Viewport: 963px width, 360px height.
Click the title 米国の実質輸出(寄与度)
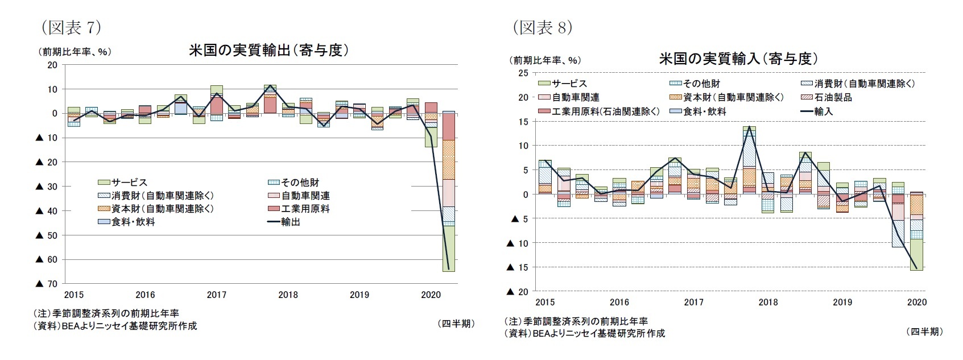(x=268, y=51)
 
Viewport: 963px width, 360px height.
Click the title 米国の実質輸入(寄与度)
(x=738, y=59)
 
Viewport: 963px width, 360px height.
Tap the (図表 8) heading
(x=542, y=27)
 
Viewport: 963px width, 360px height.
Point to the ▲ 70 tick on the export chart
(x=47, y=284)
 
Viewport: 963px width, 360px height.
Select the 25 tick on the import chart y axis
(x=522, y=73)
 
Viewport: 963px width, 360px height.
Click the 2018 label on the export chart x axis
(x=288, y=295)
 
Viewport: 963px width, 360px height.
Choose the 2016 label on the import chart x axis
(x=619, y=302)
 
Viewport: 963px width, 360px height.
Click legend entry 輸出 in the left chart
(x=291, y=222)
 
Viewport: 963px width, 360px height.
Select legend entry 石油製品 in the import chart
(x=833, y=98)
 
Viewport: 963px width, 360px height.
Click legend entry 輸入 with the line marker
(x=823, y=112)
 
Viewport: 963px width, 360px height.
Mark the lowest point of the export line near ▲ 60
(x=448, y=268)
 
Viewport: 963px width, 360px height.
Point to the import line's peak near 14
(x=749, y=127)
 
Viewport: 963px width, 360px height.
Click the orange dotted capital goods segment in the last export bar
(x=448, y=159)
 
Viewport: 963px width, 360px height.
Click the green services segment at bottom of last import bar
(x=916, y=254)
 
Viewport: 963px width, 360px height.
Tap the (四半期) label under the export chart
(x=456, y=324)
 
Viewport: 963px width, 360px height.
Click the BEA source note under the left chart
(x=115, y=326)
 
